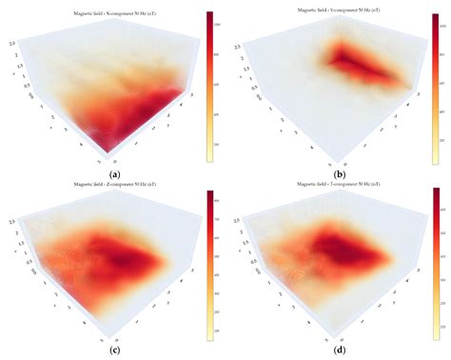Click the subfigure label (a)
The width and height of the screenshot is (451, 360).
(115, 174)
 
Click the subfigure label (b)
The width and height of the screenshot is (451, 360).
(339, 174)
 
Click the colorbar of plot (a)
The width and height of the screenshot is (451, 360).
(209, 86)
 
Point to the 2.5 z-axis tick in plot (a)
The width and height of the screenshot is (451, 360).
(9, 44)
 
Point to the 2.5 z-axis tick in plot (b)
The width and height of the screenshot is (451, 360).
(234, 44)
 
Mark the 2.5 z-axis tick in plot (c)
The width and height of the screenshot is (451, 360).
(9, 219)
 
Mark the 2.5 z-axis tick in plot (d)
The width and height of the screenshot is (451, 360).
(234, 219)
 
